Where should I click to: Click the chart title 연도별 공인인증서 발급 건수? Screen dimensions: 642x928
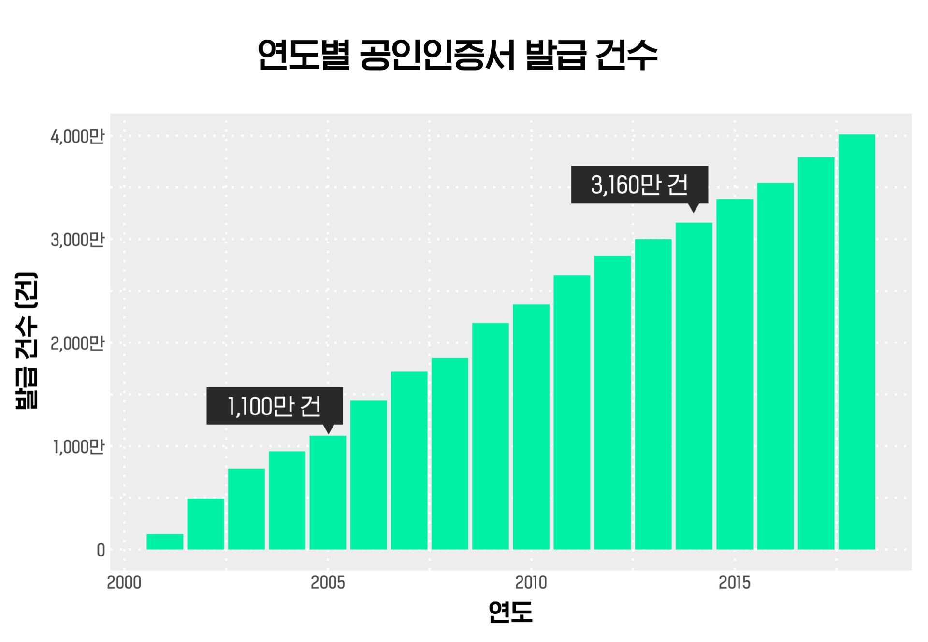click(x=457, y=55)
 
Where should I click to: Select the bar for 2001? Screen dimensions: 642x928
click(x=165, y=542)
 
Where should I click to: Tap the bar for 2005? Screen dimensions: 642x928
click(x=328, y=493)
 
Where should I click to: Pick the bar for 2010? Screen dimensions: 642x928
click(x=531, y=427)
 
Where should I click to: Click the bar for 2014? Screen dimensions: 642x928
click(x=694, y=386)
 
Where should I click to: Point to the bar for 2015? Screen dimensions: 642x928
click(x=735, y=374)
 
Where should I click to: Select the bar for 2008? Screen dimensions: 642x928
click(x=450, y=454)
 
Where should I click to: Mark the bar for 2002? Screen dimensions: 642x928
click(x=205, y=524)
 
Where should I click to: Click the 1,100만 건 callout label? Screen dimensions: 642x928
click(x=275, y=406)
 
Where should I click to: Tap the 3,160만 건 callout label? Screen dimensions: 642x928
click(x=639, y=185)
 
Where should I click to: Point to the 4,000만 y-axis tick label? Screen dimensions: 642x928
click(x=77, y=137)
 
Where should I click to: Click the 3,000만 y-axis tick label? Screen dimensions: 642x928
click(x=77, y=240)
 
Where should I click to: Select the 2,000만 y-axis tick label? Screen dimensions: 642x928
click(x=77, y=343)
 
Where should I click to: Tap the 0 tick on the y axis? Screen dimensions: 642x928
click(x=101, y=550)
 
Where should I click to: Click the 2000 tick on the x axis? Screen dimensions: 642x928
click(x=124, y=583)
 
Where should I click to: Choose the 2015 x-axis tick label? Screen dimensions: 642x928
click(x=735, y=583)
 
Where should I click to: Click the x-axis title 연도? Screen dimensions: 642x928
click(x=510, y=612)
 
